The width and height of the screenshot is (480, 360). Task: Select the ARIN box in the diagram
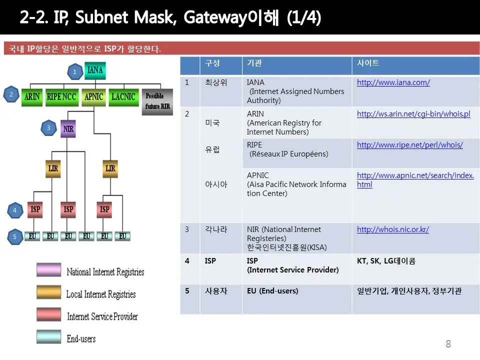[32, 96]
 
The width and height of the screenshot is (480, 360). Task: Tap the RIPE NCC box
[61, 96]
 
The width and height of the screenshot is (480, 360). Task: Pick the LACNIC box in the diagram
[123, 96]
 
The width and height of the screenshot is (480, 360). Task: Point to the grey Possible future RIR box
[157, 101]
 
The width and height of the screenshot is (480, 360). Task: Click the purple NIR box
[68, 128]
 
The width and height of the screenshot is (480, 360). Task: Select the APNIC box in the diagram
[93, 96]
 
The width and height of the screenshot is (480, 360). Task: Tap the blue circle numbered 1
[74, 72]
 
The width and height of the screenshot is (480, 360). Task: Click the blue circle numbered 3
[48, 128]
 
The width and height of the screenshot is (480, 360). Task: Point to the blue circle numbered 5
[15, 236]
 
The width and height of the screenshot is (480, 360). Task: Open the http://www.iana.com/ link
[393, 82]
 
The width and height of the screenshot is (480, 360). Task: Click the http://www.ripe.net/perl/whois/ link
[409, 145]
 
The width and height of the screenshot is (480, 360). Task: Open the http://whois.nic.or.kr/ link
[392, 229]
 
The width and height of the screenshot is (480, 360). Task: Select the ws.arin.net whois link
[413, 114]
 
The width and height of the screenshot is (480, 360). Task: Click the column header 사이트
[367, 63]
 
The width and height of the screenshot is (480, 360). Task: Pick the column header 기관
[254, 63]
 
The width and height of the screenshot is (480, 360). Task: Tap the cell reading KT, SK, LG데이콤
[386, 261]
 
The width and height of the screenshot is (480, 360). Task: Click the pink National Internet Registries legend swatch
[48, 270]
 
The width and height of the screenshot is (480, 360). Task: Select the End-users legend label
[81, 339]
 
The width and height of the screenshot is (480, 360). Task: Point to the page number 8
[448, 343]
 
